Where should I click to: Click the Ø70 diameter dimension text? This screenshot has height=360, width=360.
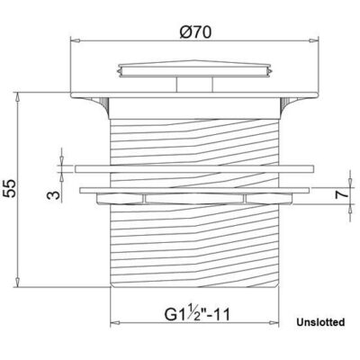(x=194, y=33)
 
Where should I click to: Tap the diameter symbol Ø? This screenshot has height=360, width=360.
(x=183, y=33)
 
